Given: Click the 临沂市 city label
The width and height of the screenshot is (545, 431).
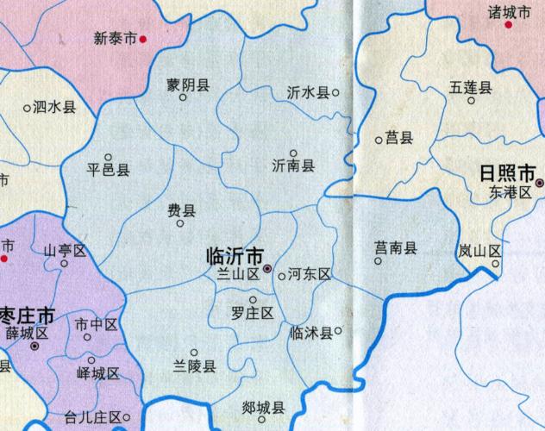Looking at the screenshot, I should click(235, 256).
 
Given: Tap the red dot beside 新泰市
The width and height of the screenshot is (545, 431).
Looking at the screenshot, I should click(143, 39).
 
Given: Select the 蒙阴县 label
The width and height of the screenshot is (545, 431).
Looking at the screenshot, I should click(189, 84).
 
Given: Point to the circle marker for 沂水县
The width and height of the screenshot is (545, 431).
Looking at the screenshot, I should click(335, 91).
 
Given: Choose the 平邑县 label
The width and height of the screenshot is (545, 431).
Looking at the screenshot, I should click(109, 170).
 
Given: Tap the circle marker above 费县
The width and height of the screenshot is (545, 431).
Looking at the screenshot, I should click(180, 223).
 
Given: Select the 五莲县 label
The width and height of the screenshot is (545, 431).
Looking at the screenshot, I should click(470, 87).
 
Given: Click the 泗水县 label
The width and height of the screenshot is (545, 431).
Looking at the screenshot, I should click(54, 108).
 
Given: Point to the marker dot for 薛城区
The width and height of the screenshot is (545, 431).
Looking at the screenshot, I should click(34, 346).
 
